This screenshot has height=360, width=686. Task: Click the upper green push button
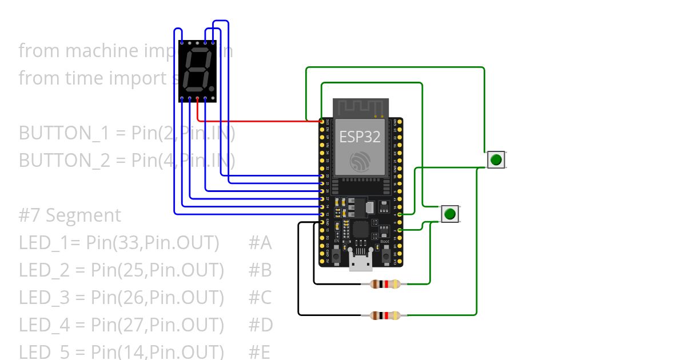coord(496,159)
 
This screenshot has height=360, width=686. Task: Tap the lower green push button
coord(450,214)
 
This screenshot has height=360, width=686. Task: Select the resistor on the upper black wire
coord(386,284)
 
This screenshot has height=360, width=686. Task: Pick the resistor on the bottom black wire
coord(386,315)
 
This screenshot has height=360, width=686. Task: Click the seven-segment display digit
coord(197,71)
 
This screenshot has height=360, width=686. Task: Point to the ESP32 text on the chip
coord(360,136)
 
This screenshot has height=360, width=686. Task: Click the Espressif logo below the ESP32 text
coord(360,161)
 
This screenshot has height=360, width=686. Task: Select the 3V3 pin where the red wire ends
coord(322,122)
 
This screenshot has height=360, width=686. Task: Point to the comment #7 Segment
coord(70,215)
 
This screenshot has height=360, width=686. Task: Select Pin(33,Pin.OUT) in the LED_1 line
coord(153,243)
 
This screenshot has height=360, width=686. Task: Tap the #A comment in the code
coord(260,243)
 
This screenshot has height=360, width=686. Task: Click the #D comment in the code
coord(261,325)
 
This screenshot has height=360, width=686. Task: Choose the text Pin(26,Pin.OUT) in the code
coord(157,298)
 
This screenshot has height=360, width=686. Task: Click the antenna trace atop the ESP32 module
coord(360,107)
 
